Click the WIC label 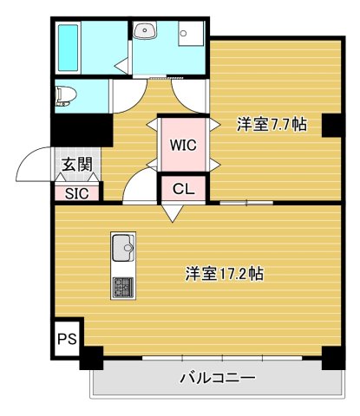coord(182,145)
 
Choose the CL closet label coord(182,188)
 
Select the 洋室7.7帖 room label coord(271,124)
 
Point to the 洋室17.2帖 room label coord(224,274)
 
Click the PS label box coord(66,338)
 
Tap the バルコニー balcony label coord(217,378)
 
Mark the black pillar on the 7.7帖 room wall coord(331,125)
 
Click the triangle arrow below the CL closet coord(171,211)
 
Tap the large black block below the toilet coord(81,130)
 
